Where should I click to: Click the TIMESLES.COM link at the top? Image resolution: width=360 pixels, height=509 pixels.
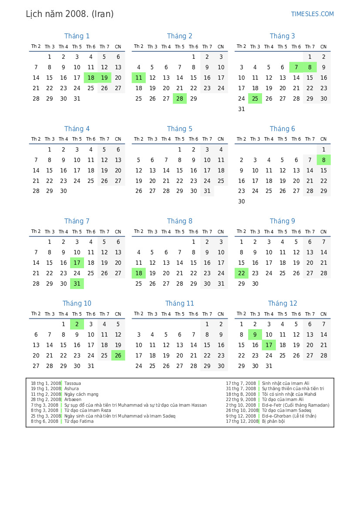tap(312, 14)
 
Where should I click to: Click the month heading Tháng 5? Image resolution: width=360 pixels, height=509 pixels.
tap(179, 129)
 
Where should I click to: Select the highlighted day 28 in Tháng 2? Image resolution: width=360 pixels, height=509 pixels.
tap(180, 99)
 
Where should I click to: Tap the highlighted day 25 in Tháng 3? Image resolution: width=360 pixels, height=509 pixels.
tap(255, 99)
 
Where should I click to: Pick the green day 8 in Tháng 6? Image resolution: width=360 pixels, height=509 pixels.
tap(323, 160)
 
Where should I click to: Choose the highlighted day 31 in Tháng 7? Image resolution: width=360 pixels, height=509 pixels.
tap(77, 283)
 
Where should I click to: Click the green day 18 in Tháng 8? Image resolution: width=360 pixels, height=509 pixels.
tap(138, 273)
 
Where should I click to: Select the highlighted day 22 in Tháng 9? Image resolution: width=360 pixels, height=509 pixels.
tap(242, 273)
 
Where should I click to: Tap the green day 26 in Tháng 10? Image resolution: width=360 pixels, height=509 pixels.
tap(118, 355)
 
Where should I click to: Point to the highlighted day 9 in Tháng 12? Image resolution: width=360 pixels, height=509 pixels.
tap(255, 335)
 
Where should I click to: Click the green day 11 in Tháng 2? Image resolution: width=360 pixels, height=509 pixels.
tap(138, 78)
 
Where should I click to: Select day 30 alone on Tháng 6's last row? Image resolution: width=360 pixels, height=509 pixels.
tap(242, 202)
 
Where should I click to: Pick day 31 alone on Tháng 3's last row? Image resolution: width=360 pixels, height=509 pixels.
tap(242, 109)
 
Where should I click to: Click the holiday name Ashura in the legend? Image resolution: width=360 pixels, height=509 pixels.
tap(71, 389)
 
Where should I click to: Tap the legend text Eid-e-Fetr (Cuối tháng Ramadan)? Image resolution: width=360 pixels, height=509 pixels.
tap(296, 405)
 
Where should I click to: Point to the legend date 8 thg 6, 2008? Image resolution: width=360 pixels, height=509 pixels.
tap(44, 421)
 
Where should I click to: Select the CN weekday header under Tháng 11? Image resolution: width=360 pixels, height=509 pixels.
tap(221, 314)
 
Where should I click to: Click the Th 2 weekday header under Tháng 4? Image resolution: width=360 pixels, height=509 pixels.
tap(36, 139)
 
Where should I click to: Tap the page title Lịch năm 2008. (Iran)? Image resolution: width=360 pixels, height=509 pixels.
tap(70, 14)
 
